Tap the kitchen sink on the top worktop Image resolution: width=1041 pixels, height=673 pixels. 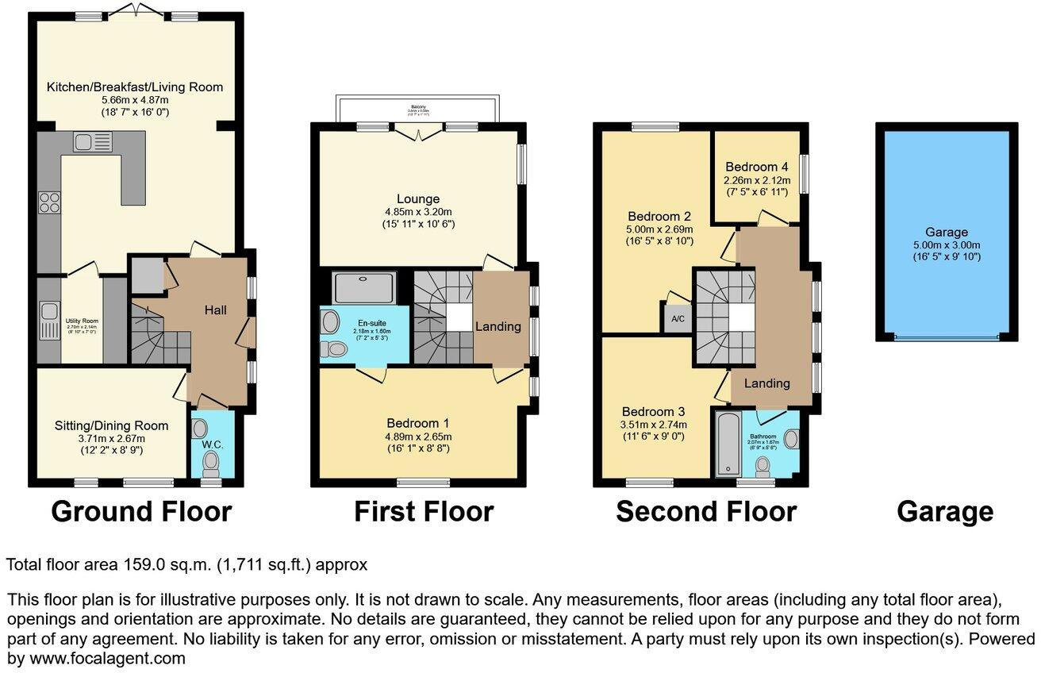click(x=93, y=142)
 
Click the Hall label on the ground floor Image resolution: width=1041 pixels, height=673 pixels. click(x=215, y=310)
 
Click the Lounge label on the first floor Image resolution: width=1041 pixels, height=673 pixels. click(x=418, y=198)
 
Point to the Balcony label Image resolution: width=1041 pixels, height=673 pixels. click(x=418, y=104)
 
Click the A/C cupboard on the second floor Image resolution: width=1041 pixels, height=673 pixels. click(x=678, y=319)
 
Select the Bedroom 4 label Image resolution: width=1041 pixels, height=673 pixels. click(x=756, y=167)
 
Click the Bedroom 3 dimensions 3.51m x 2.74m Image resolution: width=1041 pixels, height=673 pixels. click(x=652, y=425)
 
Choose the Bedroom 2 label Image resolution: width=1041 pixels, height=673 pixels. click(x=659, y=216)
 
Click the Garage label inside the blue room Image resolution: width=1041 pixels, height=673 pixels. click(x=947, y=232)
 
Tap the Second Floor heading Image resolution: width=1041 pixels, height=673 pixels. click(x=705, y=512)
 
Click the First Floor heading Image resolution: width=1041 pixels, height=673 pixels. click(x=423, y=512)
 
